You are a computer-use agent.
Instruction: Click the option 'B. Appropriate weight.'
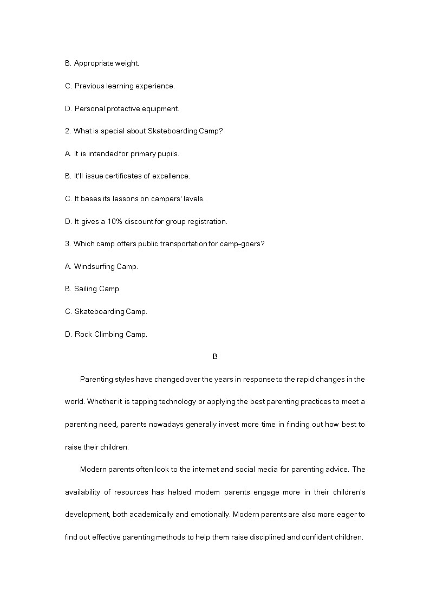(102, 63)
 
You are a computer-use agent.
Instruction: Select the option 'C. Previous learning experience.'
(120, 86)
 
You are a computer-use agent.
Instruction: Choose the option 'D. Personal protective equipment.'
(122, 108)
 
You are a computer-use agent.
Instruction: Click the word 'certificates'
(115, 176)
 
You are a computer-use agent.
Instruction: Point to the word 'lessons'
(125, 199)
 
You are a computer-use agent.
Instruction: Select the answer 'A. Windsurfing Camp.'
(101, 266)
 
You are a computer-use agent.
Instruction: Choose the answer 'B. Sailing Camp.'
(93, 289)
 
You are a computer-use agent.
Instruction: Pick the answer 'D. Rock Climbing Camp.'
(106, 334)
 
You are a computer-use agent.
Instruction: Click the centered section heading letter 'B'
(214, 357)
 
